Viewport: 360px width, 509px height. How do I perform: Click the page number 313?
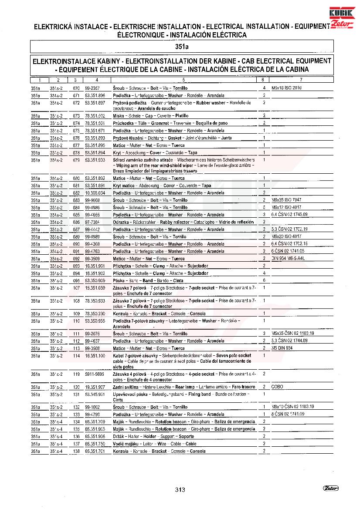pos(180,489)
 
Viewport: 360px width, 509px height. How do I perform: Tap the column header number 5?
pos(183,80)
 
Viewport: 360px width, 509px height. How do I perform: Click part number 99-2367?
pos(92,88)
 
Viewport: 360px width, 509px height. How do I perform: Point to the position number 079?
pos(76,160)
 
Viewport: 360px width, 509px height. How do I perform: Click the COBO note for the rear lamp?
pos(277,387)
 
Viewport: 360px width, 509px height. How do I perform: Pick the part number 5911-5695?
pos(95,374)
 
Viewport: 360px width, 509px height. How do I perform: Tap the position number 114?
pos(76,356)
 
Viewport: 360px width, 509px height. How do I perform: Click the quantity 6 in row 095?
pos(264,280)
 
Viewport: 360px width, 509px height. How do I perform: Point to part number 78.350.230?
pos(95,313)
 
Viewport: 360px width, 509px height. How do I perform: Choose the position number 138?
pos(76,451)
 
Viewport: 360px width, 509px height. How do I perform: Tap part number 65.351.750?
pos(95,444)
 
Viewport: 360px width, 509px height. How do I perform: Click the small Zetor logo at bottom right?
pos(330,488)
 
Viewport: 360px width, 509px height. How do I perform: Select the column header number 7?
pos(301,80)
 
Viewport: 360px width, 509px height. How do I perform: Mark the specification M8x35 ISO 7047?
pos(286,200)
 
